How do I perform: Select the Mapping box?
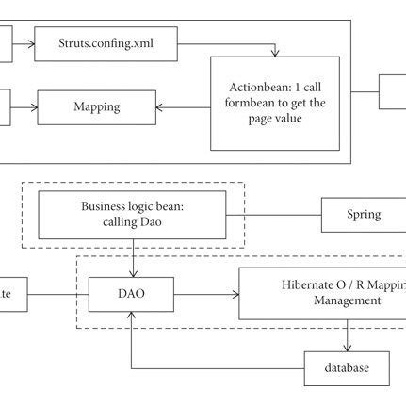[95, 106]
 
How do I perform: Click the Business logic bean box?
[132, 213]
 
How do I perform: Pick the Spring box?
[363, 214]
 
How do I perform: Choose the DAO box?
[131, 295]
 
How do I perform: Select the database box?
[346, 366]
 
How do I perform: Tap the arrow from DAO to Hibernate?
[205, 295]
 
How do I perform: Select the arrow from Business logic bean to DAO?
[133, 255]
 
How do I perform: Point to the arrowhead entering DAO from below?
[132, 317]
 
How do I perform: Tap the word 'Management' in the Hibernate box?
[320, 301]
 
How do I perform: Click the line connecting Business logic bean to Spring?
[283, 214]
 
